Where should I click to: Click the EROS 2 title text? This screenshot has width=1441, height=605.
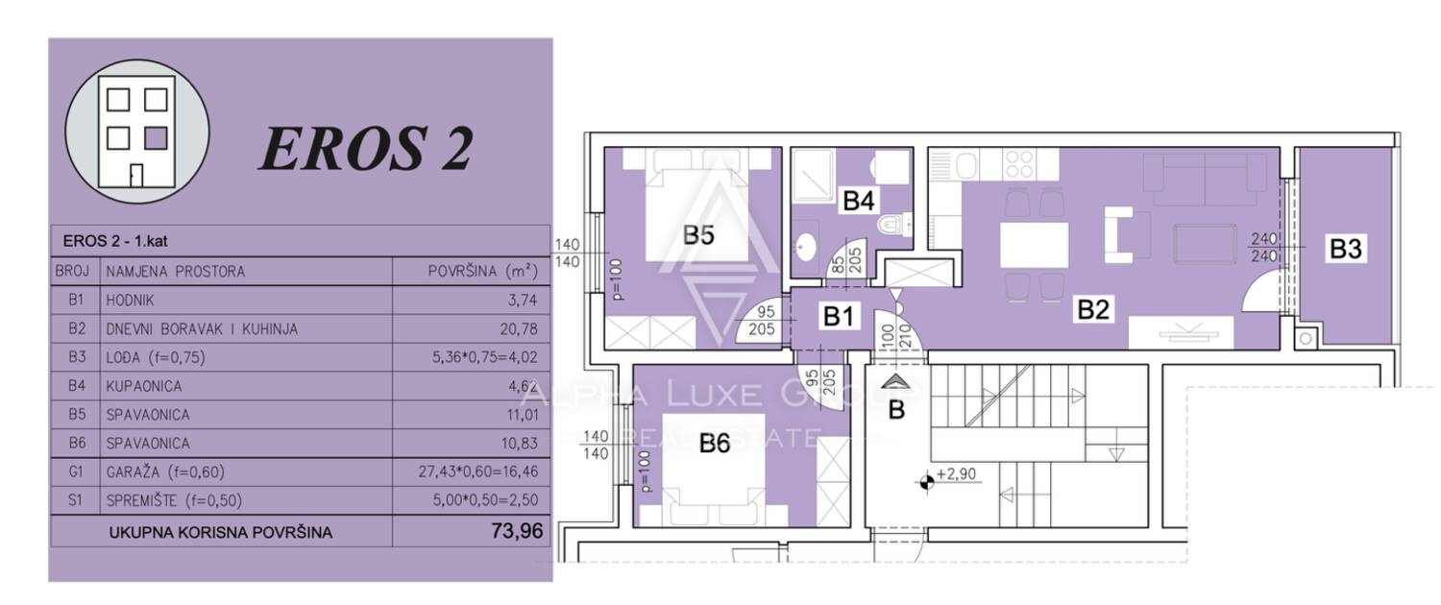coord(366,149)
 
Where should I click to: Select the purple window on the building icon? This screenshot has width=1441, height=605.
coord(156,138)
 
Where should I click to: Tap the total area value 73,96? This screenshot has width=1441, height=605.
coord(517,531)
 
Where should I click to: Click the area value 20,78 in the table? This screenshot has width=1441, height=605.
coord(519,329)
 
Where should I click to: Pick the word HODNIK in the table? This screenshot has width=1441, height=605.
coord(130,301)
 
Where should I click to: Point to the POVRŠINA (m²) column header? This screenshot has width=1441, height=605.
coord(482,272)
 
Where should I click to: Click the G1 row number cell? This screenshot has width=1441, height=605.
coord(76,472)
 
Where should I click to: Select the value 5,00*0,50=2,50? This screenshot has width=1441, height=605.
coord(485,500)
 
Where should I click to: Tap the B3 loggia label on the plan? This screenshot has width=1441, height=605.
coord(1345,249)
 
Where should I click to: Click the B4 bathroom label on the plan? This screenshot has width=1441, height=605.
coord(858,201)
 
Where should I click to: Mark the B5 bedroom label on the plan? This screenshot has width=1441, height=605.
coord(698,234)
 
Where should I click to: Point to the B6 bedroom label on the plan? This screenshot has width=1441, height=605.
coord(715,443)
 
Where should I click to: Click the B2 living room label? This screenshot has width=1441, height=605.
coord(1093,310)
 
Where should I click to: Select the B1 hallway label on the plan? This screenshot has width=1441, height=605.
coord(839,316)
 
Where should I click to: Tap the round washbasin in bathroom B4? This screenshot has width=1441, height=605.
coord(805,244)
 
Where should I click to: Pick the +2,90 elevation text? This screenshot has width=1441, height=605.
coord(956,473)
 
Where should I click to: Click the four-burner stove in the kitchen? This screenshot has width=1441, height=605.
coord(1019,164)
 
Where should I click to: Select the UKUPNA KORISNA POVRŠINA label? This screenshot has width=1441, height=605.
coord(221,532)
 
